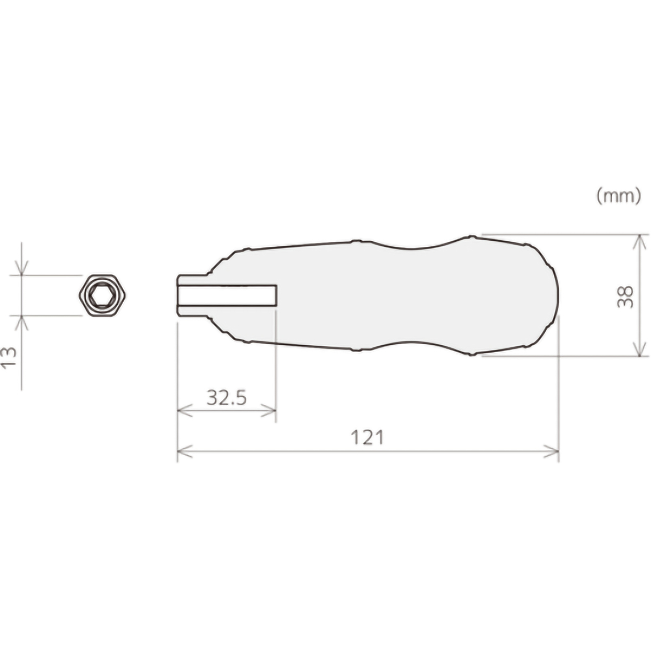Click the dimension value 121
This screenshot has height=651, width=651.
coord(367,437)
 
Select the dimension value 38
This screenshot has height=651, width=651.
coord(624,296)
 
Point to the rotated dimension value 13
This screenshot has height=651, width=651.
coord(9,357)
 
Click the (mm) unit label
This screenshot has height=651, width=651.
coord(618,196)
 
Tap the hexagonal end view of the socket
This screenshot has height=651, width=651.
coord(102,296)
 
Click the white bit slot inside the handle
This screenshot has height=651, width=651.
coord(227,296)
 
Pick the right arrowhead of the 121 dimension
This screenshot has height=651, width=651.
coord(551,451)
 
